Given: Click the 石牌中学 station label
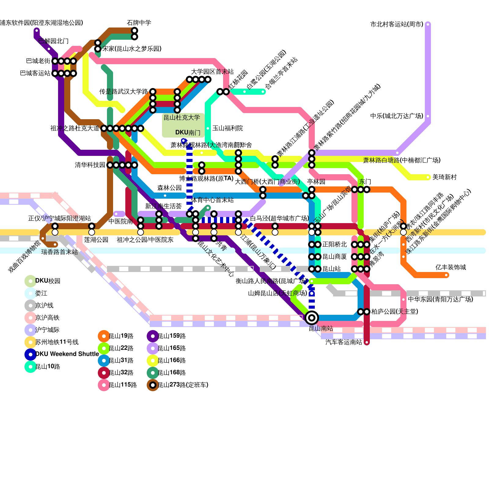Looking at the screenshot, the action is pos(139,23).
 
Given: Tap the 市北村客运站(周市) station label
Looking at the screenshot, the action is pos(397,24).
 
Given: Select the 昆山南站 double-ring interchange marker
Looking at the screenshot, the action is pos(312,318).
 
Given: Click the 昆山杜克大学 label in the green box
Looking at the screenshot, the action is pos(182,118).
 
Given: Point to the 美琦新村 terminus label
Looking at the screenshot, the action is pos(444,177).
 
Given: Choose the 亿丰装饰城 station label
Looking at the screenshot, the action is pos(450,267).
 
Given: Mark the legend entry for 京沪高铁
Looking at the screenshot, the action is pos(47,318).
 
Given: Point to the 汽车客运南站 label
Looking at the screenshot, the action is pos(344,342).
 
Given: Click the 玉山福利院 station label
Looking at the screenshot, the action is pos(227,128).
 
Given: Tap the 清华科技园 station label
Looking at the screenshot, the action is pos(90,165).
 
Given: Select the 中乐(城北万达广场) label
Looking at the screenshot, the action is pos(396,116).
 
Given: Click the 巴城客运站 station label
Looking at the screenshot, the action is pos(35,73).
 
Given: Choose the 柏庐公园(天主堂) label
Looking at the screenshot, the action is pos(394,312).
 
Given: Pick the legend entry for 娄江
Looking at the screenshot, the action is pos(41,293).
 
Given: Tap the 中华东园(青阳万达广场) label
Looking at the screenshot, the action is pos(440,300).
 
